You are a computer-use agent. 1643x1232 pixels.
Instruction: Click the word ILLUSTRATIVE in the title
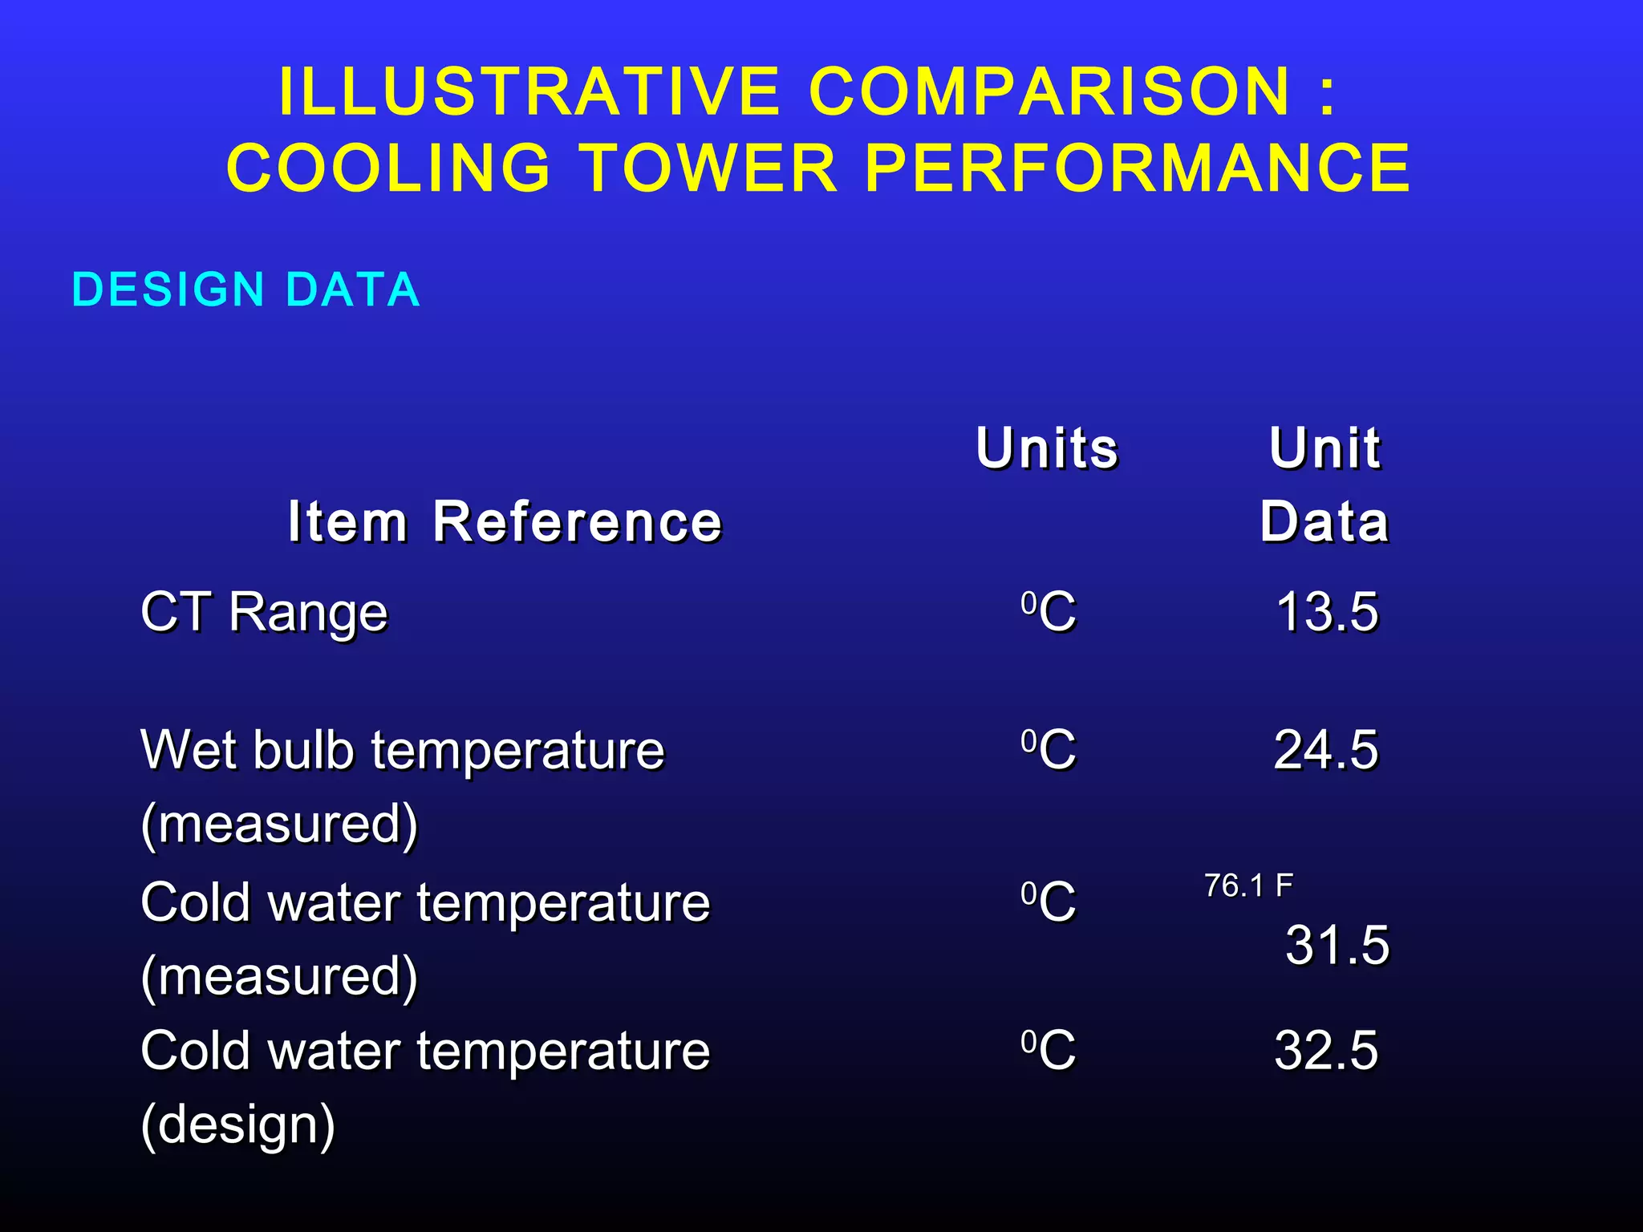[x=529, y=91]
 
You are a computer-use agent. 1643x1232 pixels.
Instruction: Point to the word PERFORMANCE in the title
[x=1137, y=168]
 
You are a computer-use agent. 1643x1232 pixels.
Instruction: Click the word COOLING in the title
[x=389, y=168]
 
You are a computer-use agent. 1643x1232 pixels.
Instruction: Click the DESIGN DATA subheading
[x=246, y=290]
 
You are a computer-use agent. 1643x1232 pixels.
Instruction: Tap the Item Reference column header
[x=505, y=521]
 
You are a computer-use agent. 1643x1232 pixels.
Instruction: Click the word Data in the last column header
[x=1325, y=521]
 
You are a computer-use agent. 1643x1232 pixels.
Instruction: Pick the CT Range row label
[x=264, y=613]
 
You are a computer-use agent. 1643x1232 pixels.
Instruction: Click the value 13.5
[x=1327, y=612]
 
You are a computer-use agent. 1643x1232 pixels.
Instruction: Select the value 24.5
[x=1326, y=750]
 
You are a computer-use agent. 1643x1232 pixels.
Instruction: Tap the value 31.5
[x=1337, y=945]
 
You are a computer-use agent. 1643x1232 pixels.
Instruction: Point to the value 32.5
[x=1326, y=1050]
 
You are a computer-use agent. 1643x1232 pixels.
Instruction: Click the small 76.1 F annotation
[x=1248, y=886]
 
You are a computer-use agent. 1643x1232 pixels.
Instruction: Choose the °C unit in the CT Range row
[x=1049, y=612]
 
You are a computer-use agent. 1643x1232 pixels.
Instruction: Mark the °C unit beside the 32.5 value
[x=1049, y=1050]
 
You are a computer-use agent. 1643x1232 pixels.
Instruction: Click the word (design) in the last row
[x=238, y=1125]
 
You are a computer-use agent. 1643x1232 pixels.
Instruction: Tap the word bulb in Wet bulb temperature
[x=303, y=750]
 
